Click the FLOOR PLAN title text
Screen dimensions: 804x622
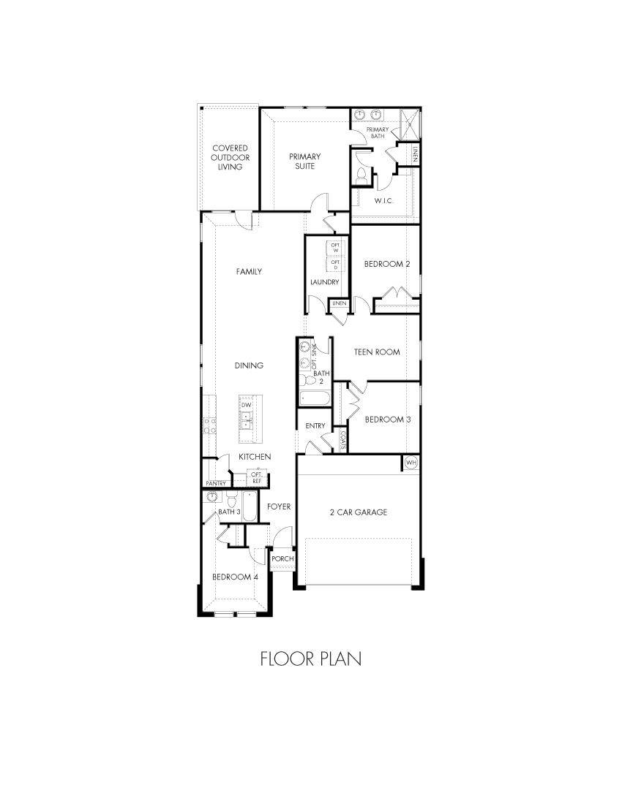(x=310, y=659)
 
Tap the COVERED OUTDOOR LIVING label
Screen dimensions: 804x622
(x=230, y=157)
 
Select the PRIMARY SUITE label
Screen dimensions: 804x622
(x=304, y=161)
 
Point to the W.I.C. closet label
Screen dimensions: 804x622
(x=384, y=200)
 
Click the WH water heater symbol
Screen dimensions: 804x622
(x=411, y=463)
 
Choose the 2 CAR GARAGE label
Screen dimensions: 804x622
(x=358, y=512)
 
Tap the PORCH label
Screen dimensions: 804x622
(x=282, y=559)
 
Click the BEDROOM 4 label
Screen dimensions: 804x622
(x=235, y=577)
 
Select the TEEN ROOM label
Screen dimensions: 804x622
(x=377, y=352)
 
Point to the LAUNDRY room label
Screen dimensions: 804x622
(x=324, y=281)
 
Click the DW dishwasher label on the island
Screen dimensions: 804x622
(x=247, y=405)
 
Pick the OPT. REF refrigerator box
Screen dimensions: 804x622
(x=257, y=477)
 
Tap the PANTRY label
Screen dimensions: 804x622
(x=215, y=483)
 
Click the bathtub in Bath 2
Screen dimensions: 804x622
(x=315, y=398)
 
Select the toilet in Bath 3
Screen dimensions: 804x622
(x=231, y=501)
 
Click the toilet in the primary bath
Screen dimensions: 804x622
(x=363, y=176)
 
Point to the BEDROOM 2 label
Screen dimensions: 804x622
(x=387, y=264)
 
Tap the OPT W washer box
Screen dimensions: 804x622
(x=336, y=247)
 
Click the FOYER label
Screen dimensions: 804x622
(x=279, y=507)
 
